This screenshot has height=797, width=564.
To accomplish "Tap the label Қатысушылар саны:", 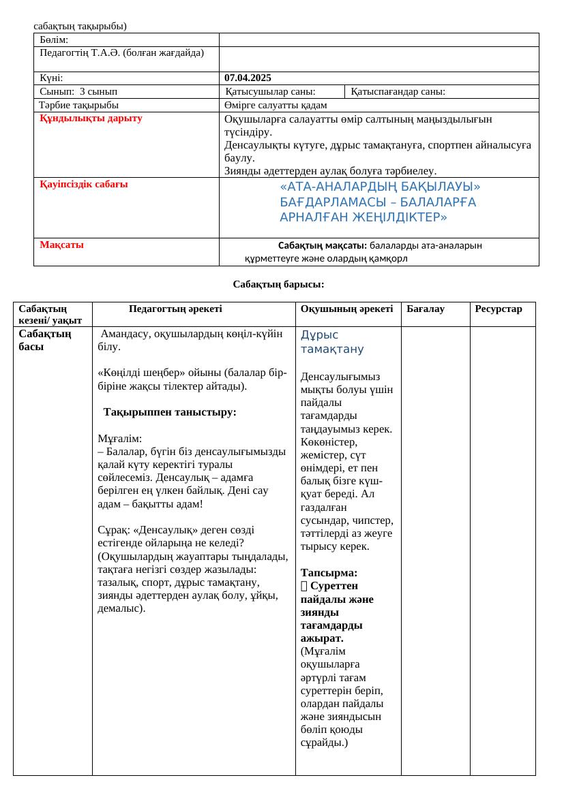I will [x=270, y=91].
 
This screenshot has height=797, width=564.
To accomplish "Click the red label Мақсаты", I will [x=62, y=245].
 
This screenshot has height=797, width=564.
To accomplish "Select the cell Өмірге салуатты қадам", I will [x=276, y=105].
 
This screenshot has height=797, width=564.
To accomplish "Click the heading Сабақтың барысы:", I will [x=278, y=284].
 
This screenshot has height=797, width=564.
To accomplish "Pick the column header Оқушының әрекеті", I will [x=346, y=309].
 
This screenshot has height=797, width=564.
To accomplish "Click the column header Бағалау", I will [x=425, y=309].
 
